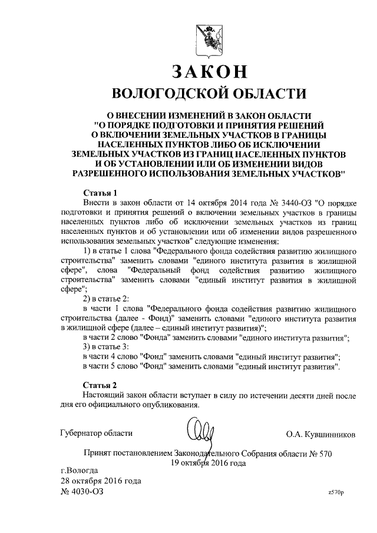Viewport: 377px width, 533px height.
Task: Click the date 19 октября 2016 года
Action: click(x=208, y=463)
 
